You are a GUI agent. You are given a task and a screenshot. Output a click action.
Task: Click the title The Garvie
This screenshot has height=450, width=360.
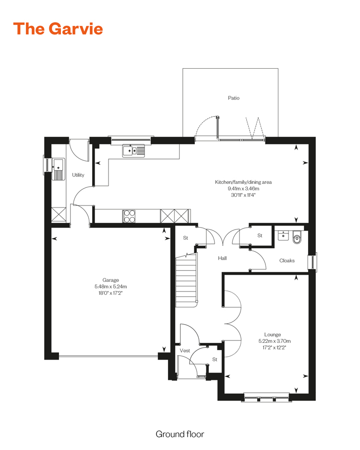(x=58, y=29)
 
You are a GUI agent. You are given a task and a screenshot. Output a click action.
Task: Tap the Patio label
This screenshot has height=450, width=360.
(x=233, y=98)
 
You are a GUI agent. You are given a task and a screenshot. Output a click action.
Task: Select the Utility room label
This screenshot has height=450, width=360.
(x=78, y=175)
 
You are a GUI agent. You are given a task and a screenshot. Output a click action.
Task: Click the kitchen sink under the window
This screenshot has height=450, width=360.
(x=133, y=150)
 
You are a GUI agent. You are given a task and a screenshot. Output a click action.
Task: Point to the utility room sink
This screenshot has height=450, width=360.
(x=59, y=170)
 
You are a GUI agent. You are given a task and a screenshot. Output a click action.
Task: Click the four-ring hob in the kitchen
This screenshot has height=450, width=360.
(x=129, y=216)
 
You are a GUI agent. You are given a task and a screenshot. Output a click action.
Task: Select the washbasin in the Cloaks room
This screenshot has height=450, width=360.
(x=283, y=235)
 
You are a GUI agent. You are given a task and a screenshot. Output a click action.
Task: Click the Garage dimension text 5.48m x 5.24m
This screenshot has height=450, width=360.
(x=111, y=286)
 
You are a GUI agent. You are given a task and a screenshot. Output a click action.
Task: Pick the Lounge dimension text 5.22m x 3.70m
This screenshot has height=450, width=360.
(x=275, y=341)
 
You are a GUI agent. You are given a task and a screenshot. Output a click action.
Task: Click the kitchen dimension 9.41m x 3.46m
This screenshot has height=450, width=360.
(x=243, y=189)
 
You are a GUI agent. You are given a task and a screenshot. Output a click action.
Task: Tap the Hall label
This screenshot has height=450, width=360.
(x=222, y=258)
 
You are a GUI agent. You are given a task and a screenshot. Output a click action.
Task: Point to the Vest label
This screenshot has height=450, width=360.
(x=185, y=351)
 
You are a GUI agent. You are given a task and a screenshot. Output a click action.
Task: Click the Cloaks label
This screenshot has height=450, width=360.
(x=287, y=261)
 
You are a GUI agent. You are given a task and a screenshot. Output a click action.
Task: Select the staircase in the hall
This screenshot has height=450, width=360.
(x=186, y=280)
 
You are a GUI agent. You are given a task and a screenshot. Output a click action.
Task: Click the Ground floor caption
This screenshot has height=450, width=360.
(x=180, y=434)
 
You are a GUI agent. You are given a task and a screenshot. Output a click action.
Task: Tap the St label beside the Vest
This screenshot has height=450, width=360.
(x=215, y=359)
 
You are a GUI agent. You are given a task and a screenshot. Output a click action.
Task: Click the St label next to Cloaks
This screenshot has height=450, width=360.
(x=260, y=235)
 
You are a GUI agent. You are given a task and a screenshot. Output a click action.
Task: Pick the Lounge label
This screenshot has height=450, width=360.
(x=273, y=335)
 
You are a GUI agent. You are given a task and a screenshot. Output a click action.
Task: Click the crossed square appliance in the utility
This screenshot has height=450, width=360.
(x=59, y=214)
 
